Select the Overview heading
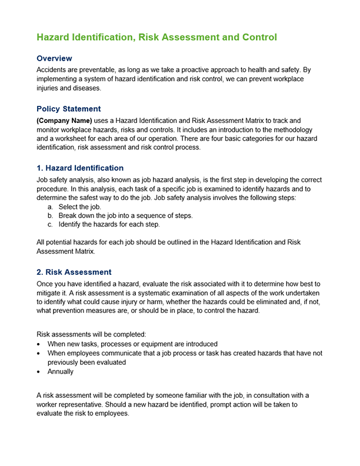pos(54,59)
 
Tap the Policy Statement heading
pos(68,109)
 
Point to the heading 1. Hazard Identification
pos(80,168)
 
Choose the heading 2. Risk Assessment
pos(74,272)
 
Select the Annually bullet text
pos(61,372)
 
